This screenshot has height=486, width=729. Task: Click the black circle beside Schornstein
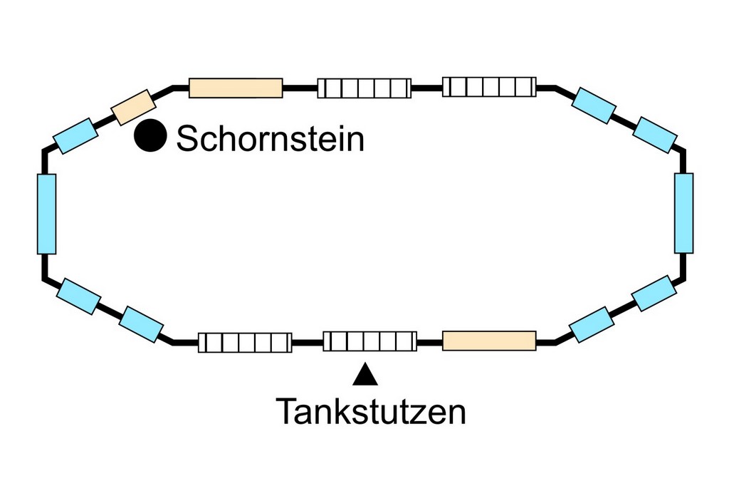150,135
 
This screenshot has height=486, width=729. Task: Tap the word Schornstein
271,138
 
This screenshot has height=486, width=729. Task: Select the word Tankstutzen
370,411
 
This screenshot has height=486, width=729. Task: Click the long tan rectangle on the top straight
236,88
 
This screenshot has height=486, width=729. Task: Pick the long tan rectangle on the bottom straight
489,341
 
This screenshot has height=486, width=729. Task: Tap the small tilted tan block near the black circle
134,107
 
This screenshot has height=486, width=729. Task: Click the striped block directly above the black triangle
369,341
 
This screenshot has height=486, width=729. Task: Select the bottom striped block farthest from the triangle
244,343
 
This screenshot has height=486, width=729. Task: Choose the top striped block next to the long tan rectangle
364,88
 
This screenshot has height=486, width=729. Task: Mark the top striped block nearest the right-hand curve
489,86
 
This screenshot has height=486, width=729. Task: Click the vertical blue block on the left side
46,214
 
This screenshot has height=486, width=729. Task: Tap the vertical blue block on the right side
683,213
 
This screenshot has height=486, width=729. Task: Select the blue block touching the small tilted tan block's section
75,135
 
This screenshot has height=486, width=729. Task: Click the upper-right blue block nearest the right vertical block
654,134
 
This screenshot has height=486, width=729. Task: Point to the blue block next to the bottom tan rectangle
591,324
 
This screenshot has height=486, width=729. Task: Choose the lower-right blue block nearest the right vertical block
654,293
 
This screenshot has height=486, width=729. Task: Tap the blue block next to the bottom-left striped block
141,324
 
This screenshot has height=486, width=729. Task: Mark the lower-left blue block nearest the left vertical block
78,296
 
